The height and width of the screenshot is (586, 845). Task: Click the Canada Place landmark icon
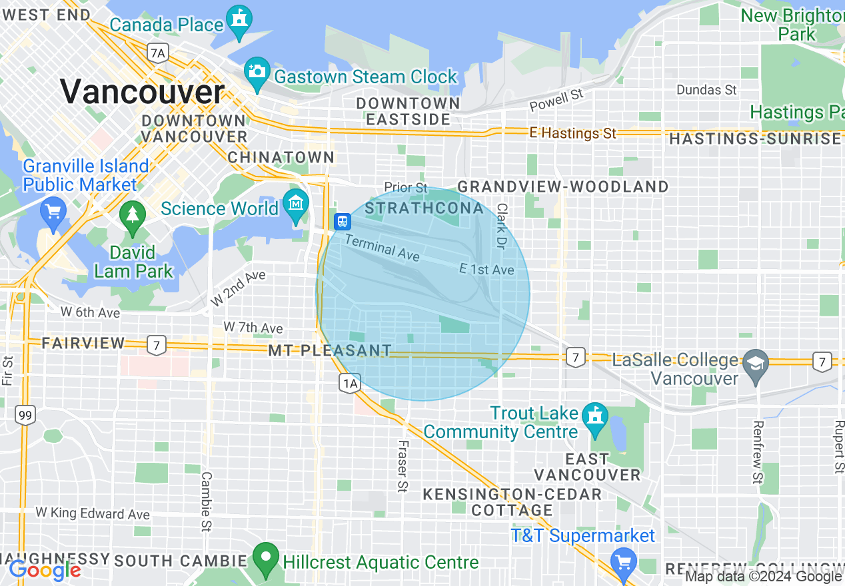click(x=239, y=19)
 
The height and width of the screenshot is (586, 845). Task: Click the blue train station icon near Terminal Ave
click(x=343, y=220)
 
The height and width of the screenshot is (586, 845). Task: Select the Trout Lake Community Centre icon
click(x=594, y=417)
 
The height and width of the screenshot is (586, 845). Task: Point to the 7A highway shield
click(x=157, y=53)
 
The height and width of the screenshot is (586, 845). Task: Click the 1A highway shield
click(x=350, y=383)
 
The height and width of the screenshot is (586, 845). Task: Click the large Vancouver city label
click(x=143, y=91)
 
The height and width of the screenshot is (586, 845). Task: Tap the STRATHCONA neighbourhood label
click(x=424, y=208)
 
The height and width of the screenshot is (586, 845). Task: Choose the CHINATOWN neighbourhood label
click(x=281, y=157)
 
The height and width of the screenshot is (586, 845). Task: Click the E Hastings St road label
click(x=572, y=133)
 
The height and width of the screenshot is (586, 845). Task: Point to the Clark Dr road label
click(x=502, y=226)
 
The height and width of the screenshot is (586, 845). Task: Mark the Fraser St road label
click(x=402, y=466)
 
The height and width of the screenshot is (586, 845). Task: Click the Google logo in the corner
click(x=45, y=570)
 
